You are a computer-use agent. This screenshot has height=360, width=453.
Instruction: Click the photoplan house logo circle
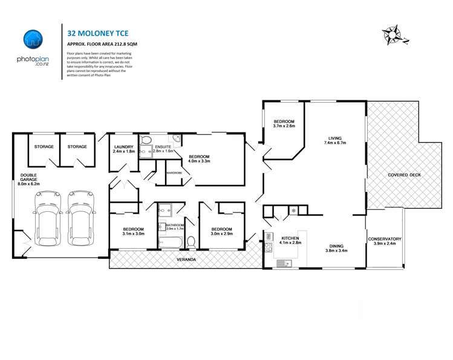(33, 39)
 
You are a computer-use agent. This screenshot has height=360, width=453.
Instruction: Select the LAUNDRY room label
(124, 149)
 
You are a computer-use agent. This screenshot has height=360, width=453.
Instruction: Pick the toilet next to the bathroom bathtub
(192, 243)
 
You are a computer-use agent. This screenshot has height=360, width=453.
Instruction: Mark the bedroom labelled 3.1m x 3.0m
(133, 234)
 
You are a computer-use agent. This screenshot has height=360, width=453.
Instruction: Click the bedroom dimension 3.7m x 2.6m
(284, 126)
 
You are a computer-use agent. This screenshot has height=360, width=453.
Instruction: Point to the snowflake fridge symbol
(294, 211)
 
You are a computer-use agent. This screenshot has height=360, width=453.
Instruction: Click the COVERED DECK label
(405, 175)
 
